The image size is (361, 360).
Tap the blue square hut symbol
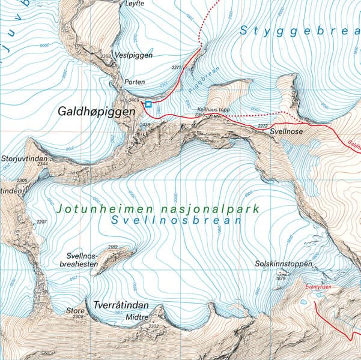click(x=148, y=104)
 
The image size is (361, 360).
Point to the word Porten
click(x=135, y=82)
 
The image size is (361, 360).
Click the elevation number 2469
click(x=134, y=100)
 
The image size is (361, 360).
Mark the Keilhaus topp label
click(x=214, y=110)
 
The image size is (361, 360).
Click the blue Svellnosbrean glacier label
click(x=176, y=220)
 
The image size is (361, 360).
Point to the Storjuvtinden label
click(x=24, y=158)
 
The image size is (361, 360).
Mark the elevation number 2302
click(x=153, y=326)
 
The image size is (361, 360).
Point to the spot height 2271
click(x=176, y=68)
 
